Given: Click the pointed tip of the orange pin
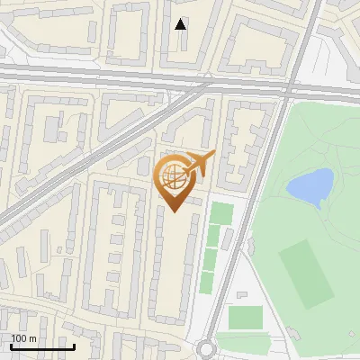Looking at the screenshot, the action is [x=175, y=211].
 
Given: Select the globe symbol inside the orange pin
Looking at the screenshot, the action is [x=174, y=178].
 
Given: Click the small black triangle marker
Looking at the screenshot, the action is [x=181, y=24].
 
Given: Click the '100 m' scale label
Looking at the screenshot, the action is [x=23, y=338].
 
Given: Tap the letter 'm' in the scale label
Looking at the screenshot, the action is [x=32, y=338].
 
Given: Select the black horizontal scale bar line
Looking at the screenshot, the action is [x=42, y=347].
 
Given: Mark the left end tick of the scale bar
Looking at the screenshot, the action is [x=11, y=346].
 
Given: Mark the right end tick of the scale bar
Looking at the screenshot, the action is [x=74, y=346].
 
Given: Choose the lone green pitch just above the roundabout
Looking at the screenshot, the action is [x=245, y=318].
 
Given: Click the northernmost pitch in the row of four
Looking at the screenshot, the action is [x=221, y=214].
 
